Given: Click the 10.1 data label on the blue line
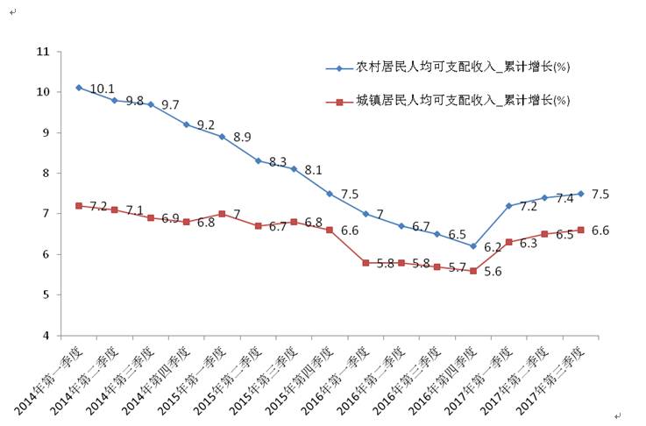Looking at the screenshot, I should (x=103, y=89).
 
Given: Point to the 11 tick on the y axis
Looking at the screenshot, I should (x=42, y=52).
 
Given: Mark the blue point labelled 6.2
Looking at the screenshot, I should (x=473, y=246).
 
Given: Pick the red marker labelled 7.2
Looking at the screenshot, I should (x=79, y=205).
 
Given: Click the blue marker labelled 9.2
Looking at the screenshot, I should (x=186, y=124).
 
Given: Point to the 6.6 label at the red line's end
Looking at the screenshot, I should (x=600, y=231).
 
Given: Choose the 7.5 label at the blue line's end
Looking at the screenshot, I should (x=600, y=194).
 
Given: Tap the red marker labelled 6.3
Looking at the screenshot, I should (x=509, y=242).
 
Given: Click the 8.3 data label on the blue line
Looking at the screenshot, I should (x=277, y=162).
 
